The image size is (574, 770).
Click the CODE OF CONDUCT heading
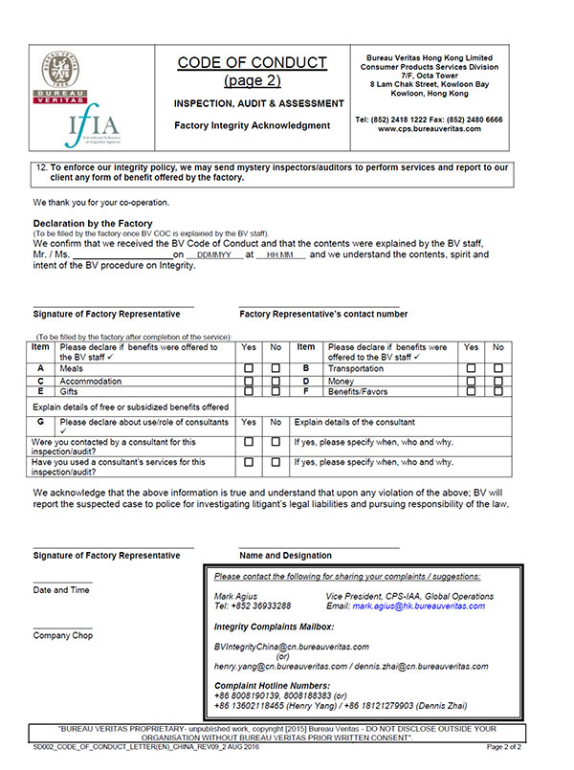pos(252,63)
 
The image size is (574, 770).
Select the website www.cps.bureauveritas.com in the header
pos(428,129)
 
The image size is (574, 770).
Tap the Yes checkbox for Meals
pos(249,367)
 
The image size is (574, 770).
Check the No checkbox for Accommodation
pos(276,380)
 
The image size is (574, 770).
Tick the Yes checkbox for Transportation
pos(472,367)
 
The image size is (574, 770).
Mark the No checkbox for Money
pos(497,380)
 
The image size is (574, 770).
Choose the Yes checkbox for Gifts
pos(249,391)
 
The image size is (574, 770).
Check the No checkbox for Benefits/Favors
pos(497,391)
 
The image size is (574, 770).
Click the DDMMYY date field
pos(208,256)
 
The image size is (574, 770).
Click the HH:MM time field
pos(279,256)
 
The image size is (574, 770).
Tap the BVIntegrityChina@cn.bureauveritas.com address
pos(291,648)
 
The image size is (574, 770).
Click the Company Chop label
pos(63,635)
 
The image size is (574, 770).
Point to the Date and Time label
pos(62,590)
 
